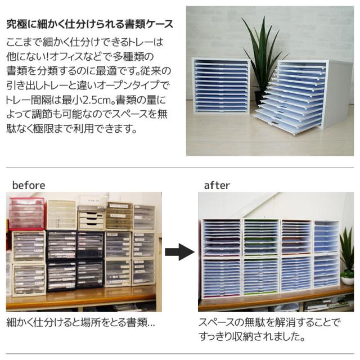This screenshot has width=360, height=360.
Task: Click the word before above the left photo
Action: tap(29, 185)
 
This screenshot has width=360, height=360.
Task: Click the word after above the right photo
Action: tap(217, 185)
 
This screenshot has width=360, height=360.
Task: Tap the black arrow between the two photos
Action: tap(179, 253)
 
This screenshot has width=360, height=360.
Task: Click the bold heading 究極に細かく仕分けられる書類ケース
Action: tap(89, 24)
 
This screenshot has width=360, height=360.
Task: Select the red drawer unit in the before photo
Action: tap(26, 213)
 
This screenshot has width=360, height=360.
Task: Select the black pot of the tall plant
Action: tap(260, 97)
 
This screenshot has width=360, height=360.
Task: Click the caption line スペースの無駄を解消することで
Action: tap(270, 323)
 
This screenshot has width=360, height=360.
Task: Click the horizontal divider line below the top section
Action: tap(180, 168)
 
